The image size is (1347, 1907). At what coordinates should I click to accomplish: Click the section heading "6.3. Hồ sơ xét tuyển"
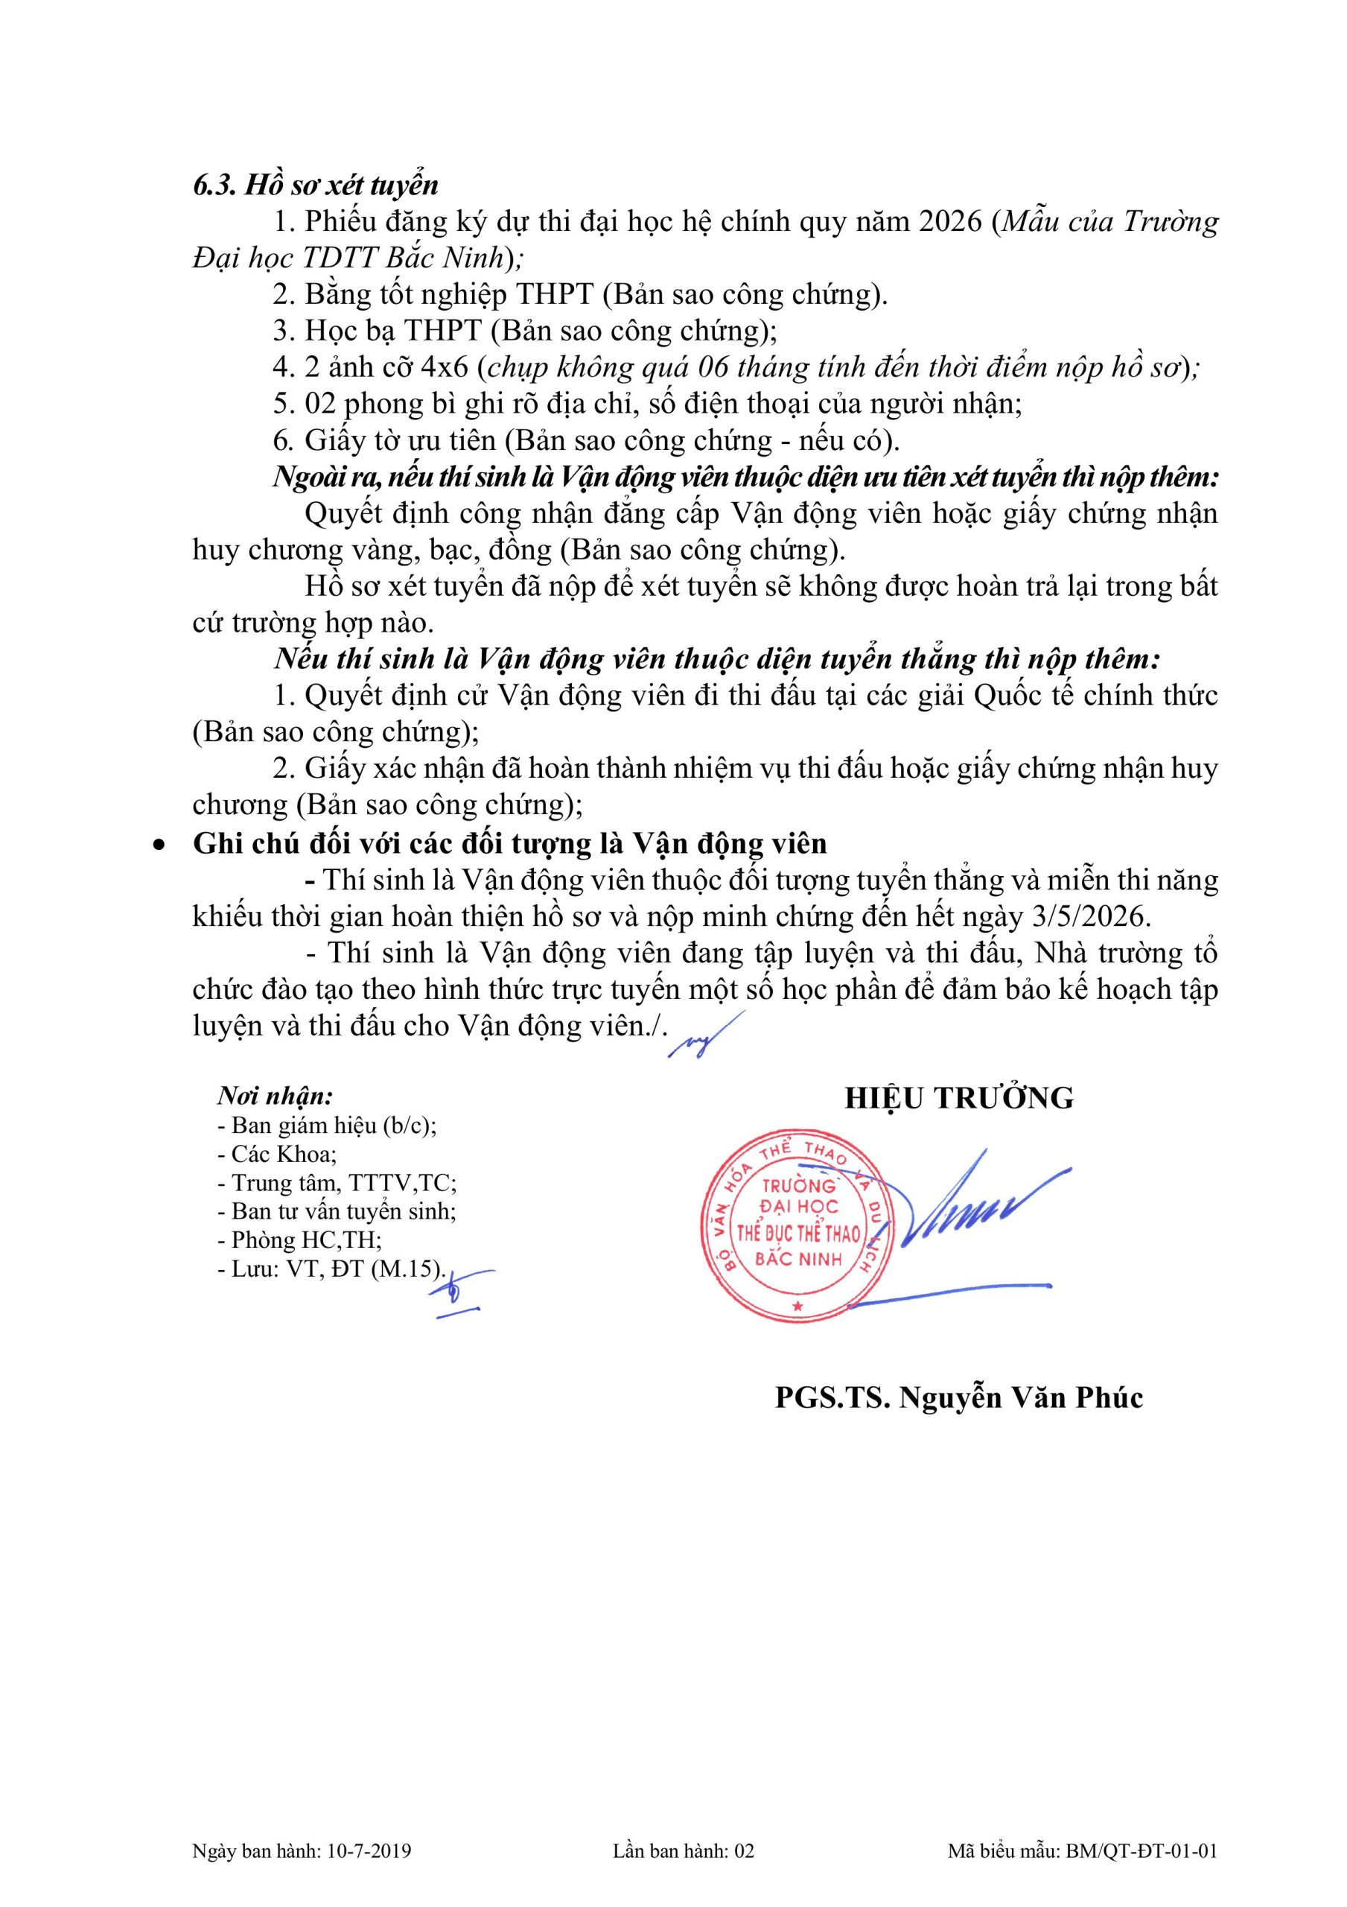click(x=316, y=185)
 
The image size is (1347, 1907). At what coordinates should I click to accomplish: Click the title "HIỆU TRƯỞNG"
click(x=959, y=1098)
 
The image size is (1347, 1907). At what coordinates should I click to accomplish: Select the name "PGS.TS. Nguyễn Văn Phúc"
click(x=959, y=1398)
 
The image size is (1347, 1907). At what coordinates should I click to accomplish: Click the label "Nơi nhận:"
click(x=276, y=1097)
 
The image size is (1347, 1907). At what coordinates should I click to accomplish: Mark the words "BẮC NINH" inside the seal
click(x=798, y=1259)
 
